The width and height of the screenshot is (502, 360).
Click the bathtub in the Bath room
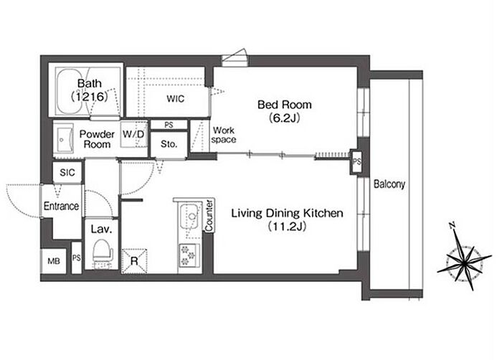[69, 90]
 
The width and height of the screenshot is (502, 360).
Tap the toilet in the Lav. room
[103, 252]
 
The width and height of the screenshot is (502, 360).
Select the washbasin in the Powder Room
[64, 140]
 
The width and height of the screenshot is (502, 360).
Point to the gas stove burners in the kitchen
[188, 255]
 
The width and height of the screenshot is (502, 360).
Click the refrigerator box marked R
[134, 261]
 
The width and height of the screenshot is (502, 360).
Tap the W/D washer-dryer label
[134, 134]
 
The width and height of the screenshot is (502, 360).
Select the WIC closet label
[176, 99]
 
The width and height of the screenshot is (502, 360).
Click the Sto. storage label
[169, 144]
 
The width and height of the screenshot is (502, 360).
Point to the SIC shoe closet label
[67, 173]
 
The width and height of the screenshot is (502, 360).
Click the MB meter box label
[54, 261]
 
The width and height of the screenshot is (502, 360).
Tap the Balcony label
[389, 184]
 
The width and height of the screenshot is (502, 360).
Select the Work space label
[224, 135]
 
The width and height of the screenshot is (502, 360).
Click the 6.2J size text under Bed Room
[284, 118]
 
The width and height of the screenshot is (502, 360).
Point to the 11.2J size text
[287, 227]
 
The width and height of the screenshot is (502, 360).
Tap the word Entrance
[61, 206]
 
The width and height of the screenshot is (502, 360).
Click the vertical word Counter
[209, 215]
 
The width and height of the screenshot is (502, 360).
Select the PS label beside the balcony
[356, 162]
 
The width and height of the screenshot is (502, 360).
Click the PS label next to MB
[77, 258]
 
